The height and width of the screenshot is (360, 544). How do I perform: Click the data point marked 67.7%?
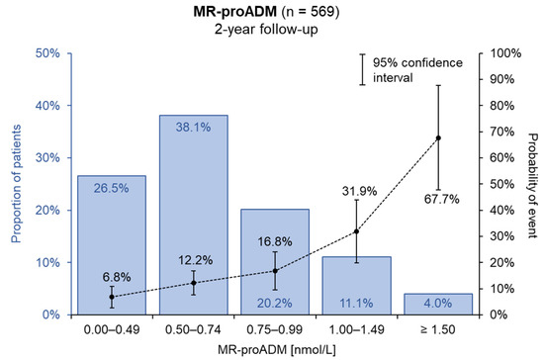coord(438,137)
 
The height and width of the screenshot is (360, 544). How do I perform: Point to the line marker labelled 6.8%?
coord(112,297)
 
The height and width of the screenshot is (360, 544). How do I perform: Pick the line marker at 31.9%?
coord(356,231)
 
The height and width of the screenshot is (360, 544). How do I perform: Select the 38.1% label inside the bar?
coord(193,128)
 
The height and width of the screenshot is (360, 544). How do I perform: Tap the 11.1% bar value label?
coord(356,304)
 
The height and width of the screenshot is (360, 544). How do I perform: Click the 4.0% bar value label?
coord(438,304)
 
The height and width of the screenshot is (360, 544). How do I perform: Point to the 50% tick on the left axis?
coord(51,53)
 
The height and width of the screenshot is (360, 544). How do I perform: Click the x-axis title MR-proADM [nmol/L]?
coord(274,349)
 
